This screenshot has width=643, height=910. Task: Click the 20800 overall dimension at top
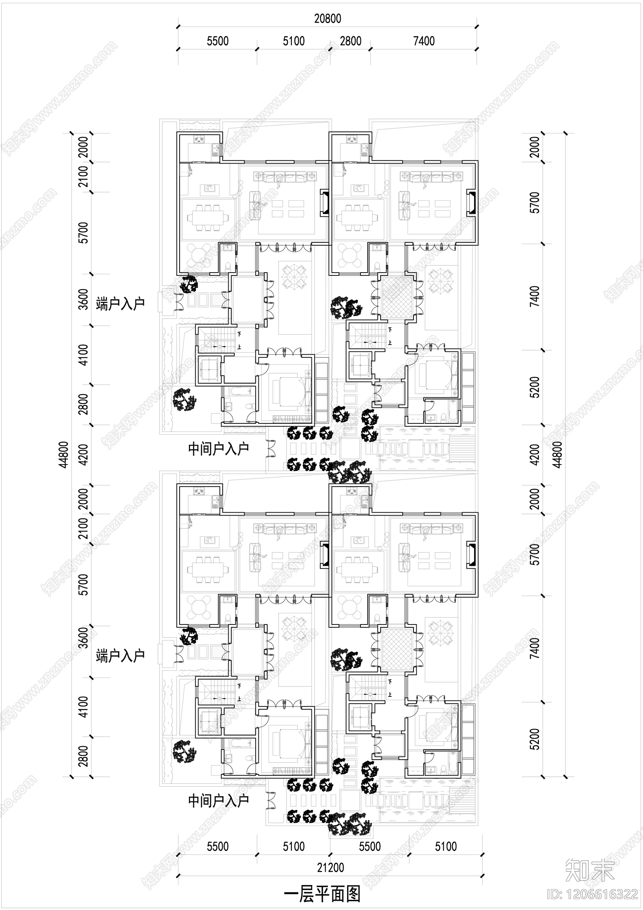tap(328, 19)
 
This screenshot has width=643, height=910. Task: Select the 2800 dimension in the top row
tap(350, 41)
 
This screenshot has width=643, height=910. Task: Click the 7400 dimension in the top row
tap(424, 41)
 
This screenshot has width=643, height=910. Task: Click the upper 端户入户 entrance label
tap(120, 304)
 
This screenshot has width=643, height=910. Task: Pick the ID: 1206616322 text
tap(593, 894)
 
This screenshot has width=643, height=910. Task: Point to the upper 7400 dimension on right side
tap(535, 296)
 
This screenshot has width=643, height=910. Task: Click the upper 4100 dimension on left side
tap(83, 354)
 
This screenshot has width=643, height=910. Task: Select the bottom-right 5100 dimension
tap(446, 847)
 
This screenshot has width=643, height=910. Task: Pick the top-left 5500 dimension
tap(217, 41)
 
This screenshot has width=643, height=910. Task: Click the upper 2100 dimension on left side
tap(83, 177)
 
